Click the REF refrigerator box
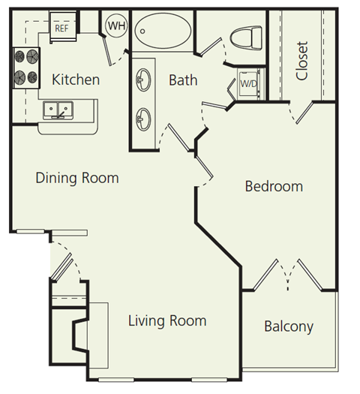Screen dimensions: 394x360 (x=61, y=27)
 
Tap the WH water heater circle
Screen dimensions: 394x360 (x=116, y=26)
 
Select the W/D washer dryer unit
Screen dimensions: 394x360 (x=247, y=84)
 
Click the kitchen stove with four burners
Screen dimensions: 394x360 (x=25, y=66)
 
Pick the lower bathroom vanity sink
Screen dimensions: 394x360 (x=145, y=117)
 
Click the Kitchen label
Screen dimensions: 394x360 (x=75, y=79)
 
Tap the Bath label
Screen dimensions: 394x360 (x=182, y=79)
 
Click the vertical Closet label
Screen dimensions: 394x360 (x=301, y=60)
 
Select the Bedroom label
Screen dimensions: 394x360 (x=274, y=186)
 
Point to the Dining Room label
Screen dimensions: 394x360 (x=77, y=178)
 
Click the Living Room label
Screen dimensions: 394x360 (x=166, y=321)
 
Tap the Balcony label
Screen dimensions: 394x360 (x=289, y=326)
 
